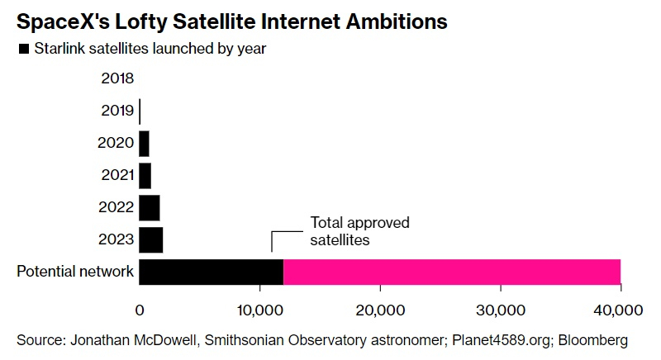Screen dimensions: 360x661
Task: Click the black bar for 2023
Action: (x=150, y=239)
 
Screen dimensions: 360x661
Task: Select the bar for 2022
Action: (x=149, y=207)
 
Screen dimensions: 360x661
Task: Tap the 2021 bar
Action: (x=145, y=175)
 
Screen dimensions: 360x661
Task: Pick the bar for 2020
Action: (x=144, y=144)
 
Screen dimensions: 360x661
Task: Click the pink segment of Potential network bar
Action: (x=451, y=272)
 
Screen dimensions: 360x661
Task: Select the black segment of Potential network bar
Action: (x=211, y=272)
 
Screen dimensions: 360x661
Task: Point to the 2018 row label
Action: (x=117, y=79)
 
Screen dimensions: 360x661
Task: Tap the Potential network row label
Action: (x=75, y=272)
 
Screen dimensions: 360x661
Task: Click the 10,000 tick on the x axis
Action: (x=259, y=310)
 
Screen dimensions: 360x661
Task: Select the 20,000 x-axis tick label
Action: (x=379, y=310)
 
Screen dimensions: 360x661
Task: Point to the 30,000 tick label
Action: (x=500, y=310)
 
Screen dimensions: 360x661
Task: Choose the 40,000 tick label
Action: (x=620, y=310)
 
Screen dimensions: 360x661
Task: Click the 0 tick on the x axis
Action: (x=140, y=310)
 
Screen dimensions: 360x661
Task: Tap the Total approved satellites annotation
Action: (x=359, y=231)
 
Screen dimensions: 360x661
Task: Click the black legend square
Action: (x=23, y=49)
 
